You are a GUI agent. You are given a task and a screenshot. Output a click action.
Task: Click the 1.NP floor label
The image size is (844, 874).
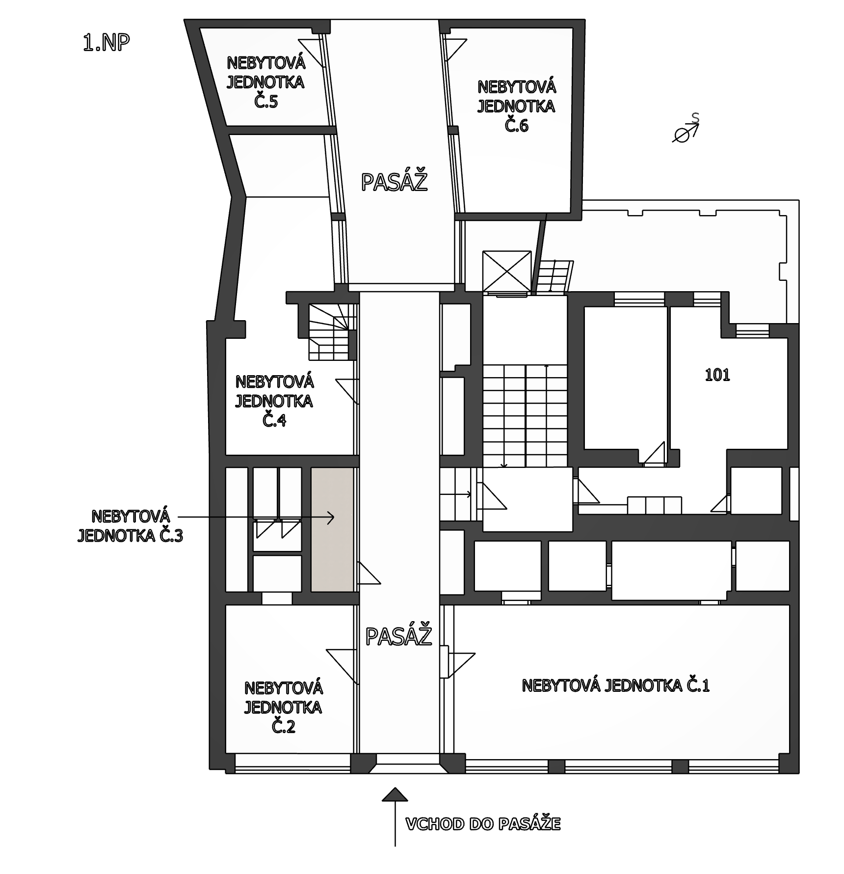click(x=106, y=43)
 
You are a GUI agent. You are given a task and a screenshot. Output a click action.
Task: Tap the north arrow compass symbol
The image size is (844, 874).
click(x=686, y=129)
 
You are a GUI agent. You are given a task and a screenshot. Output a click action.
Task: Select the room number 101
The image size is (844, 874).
click(x=717, y=375)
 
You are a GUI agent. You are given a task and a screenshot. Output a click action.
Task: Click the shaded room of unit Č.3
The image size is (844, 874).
click(x=332, y=529)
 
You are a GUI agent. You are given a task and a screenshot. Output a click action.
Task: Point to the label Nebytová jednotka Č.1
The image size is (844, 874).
click(x=616, y=685)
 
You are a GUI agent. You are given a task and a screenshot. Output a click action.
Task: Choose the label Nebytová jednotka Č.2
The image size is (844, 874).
click(x=283, y=707)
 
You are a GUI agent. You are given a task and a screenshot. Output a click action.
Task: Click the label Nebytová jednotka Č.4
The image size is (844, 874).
click(x=274, y=401)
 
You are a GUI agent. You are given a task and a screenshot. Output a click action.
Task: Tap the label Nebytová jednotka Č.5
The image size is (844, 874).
click(x=266, y=82)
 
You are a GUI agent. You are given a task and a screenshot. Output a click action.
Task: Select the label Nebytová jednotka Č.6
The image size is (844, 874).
click(x=517, y=106)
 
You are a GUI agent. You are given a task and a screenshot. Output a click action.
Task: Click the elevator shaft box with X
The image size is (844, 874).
click(x=507, y=271)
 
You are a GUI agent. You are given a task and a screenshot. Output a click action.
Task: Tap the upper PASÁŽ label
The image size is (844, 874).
click(x=394, y=182)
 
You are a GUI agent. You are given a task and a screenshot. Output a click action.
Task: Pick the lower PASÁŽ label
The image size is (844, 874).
click(x=398, y=636)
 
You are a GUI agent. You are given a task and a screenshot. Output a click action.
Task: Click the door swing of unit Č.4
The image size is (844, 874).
click(x=348, y=391)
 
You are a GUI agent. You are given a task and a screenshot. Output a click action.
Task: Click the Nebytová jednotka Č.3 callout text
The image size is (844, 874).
click(x=130, y=526)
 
